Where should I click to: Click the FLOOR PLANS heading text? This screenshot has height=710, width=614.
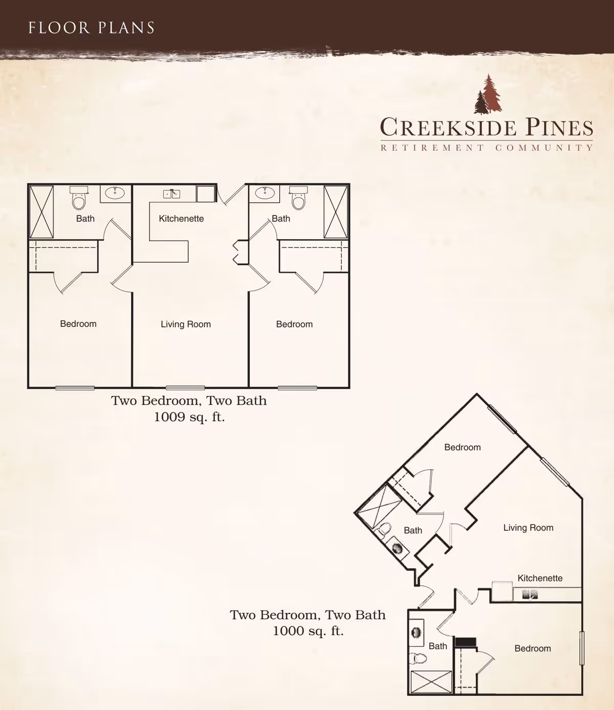tap(91, 28)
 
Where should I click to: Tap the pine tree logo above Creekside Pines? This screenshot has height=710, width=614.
tap(488, 94)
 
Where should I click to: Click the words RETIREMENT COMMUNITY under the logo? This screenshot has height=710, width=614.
tap(487, 148)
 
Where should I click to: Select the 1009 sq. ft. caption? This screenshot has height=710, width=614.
tap(189, 417)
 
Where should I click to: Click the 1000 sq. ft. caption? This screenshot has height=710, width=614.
tap(308, 631)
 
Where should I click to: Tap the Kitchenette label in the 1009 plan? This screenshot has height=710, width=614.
tap(181, 218)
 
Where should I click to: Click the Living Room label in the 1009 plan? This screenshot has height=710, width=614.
tap(186, 324)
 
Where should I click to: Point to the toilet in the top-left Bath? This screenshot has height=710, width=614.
tap(79, 198)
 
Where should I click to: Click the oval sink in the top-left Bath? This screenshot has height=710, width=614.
tap(115, 193)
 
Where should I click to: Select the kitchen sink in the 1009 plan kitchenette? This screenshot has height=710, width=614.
tap(171, 194)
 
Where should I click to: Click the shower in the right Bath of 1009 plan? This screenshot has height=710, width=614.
tap(336, 212)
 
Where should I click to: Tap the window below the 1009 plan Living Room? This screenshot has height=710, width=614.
tap(185, 388)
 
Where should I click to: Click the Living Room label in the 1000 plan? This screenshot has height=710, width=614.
tap(528, 528)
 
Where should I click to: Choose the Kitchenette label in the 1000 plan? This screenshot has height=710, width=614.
tap(540, 578)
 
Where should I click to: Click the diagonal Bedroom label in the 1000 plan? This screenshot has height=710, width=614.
tap(463, 447)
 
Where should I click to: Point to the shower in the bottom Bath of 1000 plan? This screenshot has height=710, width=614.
tap(431, 682)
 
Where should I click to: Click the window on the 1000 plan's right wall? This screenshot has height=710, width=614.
tap(582, 648)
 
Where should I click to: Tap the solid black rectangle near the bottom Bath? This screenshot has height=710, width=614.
tap(466, 642)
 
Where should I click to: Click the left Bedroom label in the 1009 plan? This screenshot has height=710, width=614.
tap(78, 324)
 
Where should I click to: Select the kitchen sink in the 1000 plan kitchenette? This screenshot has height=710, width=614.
tap(530, 594)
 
